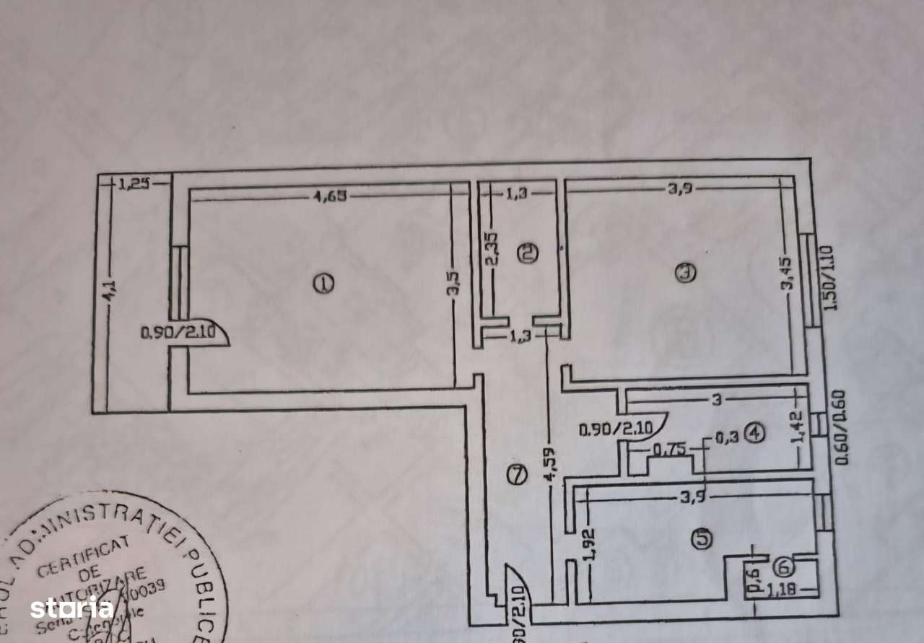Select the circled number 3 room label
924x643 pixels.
click(684, 272)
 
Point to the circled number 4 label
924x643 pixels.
click(755, 433)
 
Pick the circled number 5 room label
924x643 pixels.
click(701, 538)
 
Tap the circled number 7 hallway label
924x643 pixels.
click(515, 475)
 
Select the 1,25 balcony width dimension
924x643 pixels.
click(134, 184)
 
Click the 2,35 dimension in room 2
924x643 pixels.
click(492, 250)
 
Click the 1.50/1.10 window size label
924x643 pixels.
click(827, 278)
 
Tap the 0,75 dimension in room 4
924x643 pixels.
click(663, 451)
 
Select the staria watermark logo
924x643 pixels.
click(71, 608)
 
